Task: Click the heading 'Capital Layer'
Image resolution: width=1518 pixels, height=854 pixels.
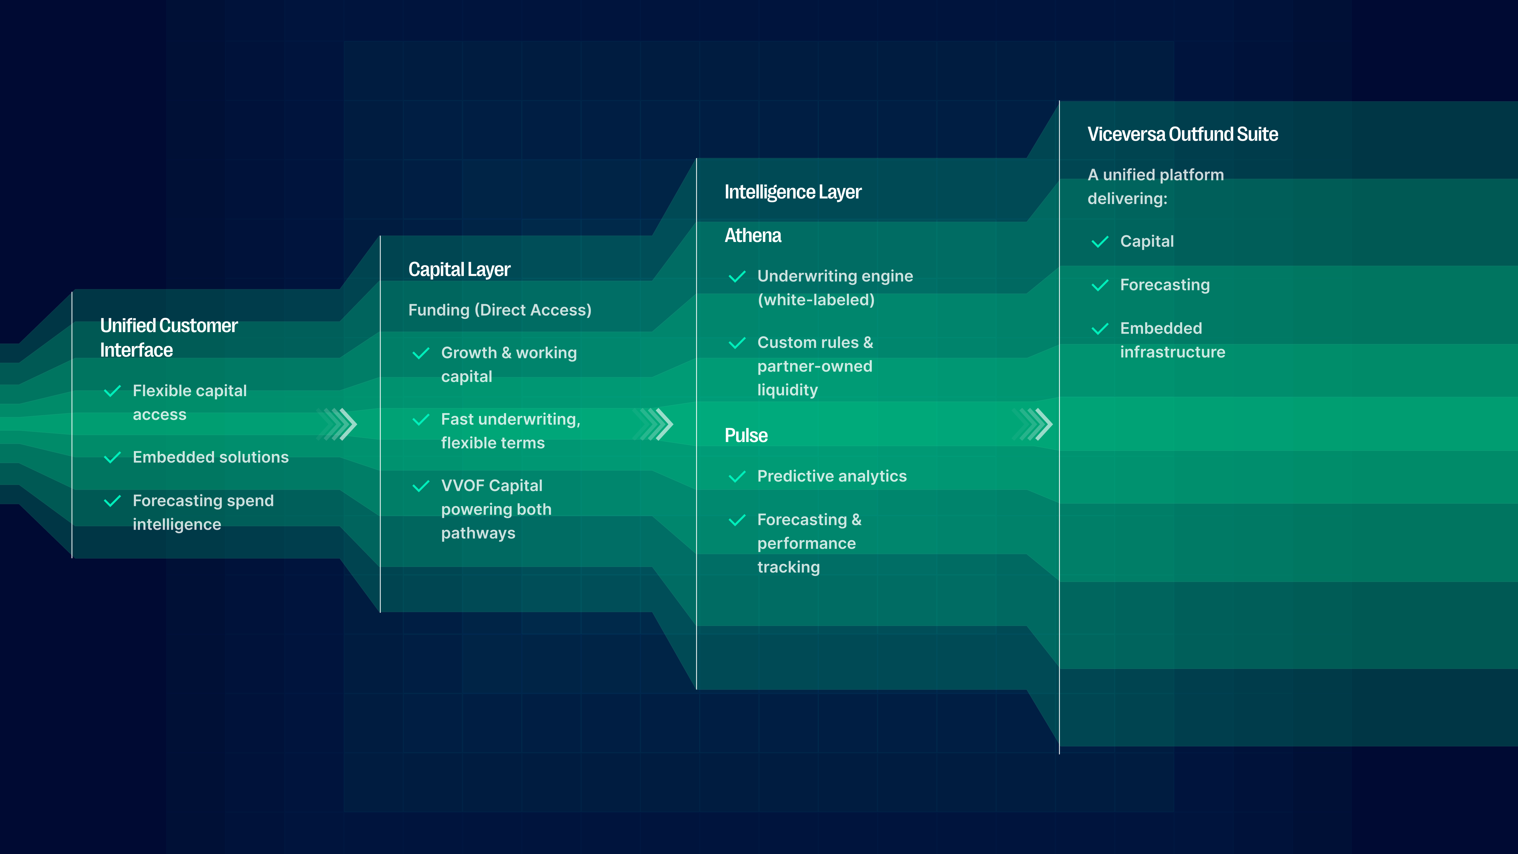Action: (459, 269)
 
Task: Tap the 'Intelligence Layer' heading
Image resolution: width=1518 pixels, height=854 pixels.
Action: (792, 192)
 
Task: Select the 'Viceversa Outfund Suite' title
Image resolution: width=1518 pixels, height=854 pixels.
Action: (1182, 134)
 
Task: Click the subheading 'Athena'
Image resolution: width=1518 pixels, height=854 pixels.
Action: (752, 236)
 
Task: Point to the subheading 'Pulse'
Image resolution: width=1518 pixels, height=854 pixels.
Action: (746, 435)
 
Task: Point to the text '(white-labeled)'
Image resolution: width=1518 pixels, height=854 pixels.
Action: (816, 300)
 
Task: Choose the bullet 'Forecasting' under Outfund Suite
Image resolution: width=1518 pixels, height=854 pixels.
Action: (1164, 285)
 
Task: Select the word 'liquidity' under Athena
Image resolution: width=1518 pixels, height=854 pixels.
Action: (787, 390)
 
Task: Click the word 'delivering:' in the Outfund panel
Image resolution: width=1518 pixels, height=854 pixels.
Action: (1127, 199)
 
